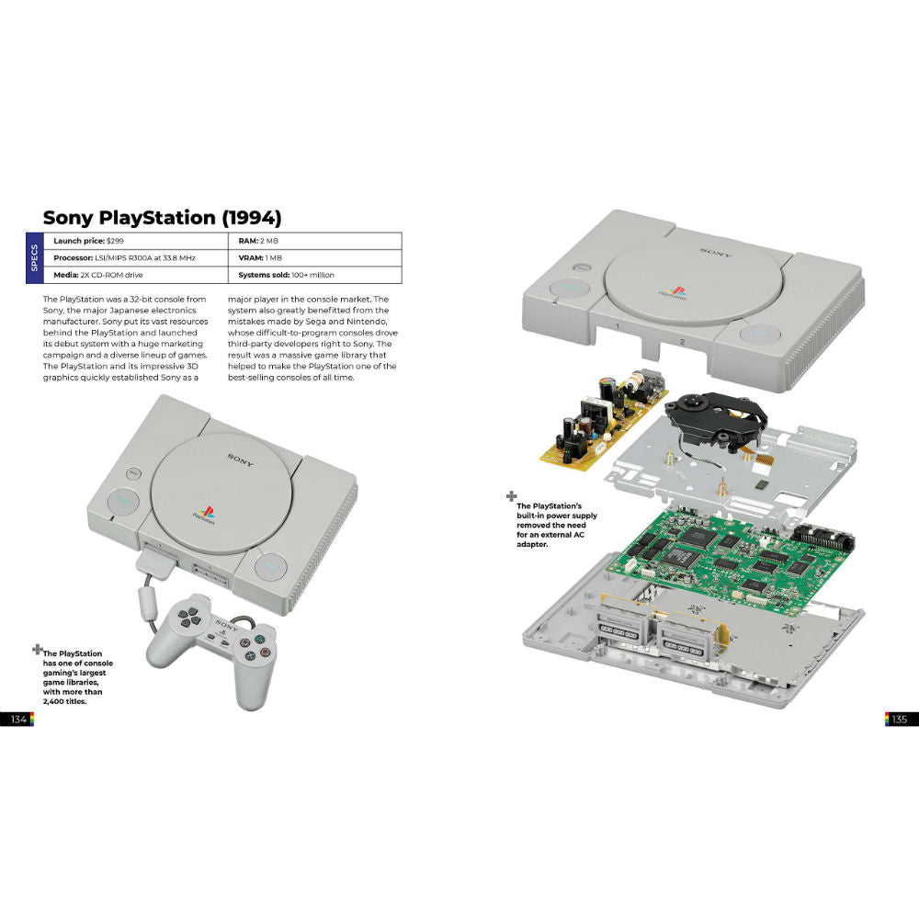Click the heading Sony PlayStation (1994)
coord(162,218)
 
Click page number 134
coord(18,720)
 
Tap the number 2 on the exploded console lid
coord(682,342)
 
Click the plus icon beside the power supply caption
coord(511,497)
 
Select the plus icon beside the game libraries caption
coord(37,649)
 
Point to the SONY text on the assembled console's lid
coord(242,457)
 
